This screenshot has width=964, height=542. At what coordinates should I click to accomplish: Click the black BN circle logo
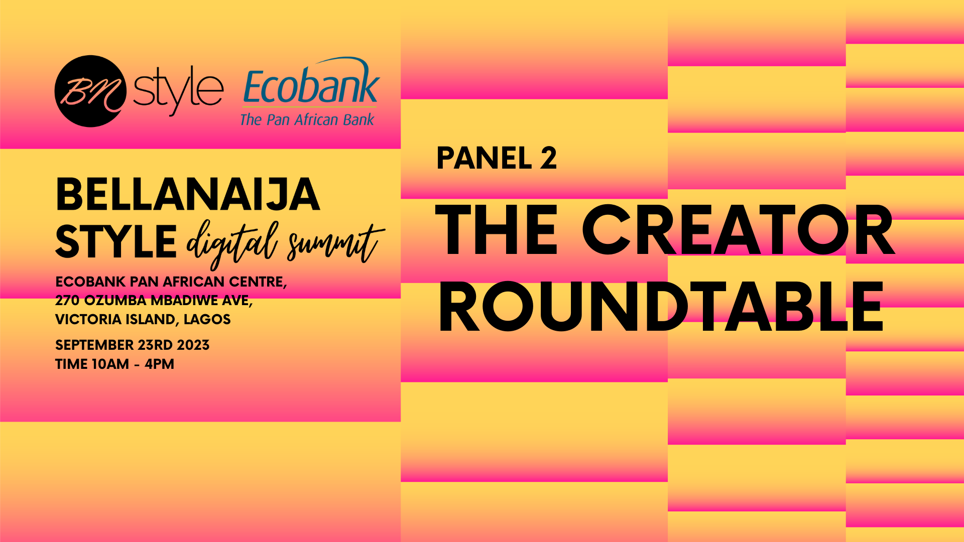point(90,91)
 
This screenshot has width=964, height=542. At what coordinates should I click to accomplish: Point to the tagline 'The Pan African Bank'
point(307,119)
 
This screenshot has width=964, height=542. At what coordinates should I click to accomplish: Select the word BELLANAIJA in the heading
point(188,195)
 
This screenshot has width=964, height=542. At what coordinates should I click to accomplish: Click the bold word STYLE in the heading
point(116,242)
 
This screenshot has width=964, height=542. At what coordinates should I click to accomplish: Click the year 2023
point(193,345)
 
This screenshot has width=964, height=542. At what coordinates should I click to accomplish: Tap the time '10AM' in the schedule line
point(109,364)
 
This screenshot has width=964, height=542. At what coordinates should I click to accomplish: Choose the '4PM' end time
point(159,364)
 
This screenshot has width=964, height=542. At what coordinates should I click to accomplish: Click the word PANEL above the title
point(484,158)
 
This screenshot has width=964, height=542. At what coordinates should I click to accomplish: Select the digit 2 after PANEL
point(549,158)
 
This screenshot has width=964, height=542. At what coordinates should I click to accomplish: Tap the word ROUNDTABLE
point(661,307)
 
